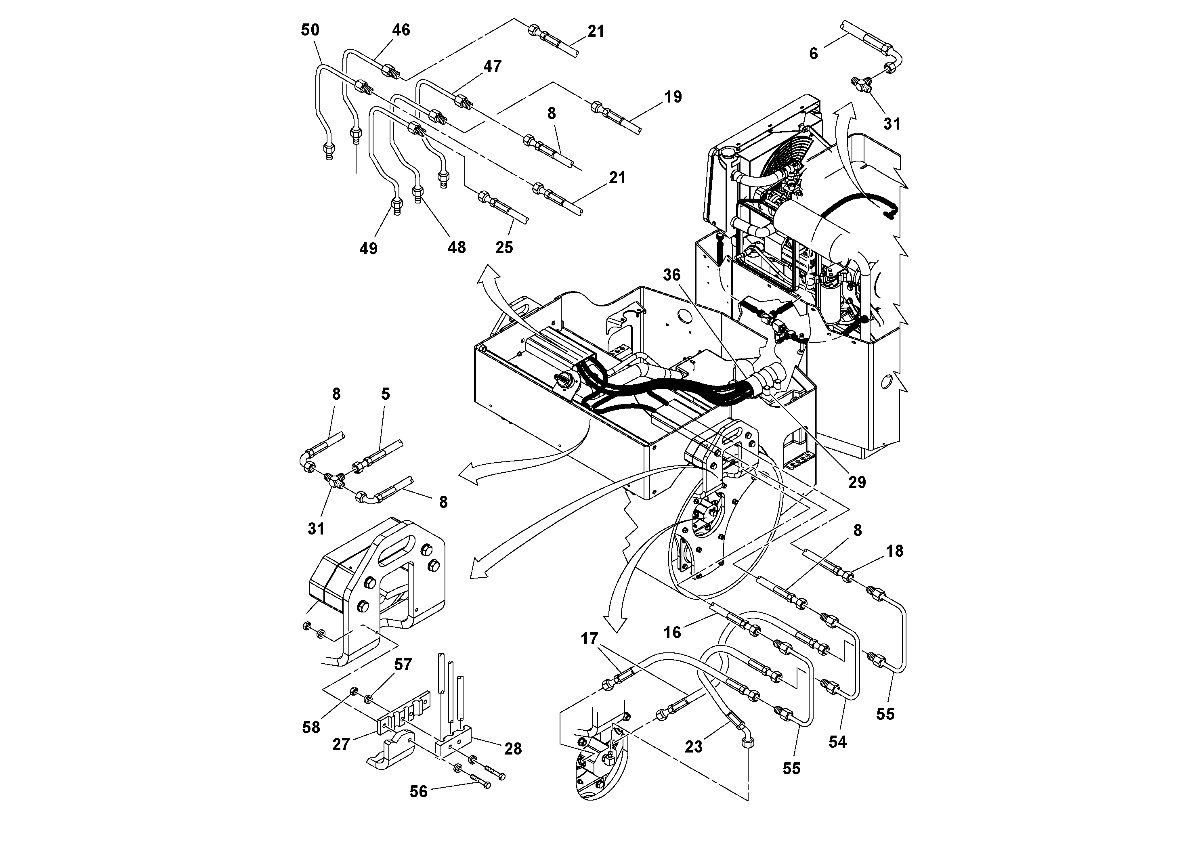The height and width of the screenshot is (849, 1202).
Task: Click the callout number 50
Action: [x=310, y=30]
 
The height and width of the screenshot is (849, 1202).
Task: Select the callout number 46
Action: [x=401, y=30]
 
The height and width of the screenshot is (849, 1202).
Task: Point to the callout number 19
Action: [x=673, y=97]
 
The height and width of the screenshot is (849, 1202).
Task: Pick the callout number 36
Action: [x=672, y=275]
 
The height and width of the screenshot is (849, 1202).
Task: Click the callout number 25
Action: [x=504, y=247]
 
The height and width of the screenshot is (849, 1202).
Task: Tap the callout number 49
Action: [x=369, y=248]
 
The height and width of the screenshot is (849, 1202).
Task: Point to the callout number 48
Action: [x=457, y=247]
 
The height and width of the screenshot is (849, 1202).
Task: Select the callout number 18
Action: [x=895, y=551]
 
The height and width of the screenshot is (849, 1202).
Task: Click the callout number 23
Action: [x=693, y=746]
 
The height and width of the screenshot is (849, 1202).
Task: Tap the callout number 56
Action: [x=418, y=791]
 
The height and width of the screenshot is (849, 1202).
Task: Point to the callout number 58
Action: [x=311, y=727]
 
